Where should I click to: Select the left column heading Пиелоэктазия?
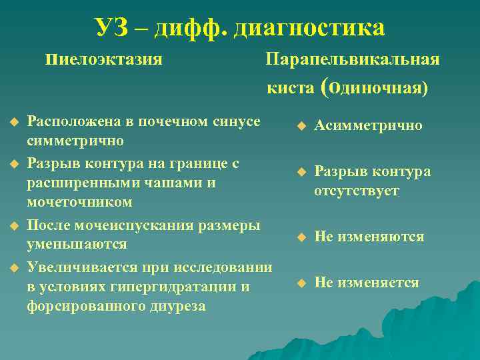click(x=105, y=59)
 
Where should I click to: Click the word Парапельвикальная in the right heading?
click(x=353, y=59)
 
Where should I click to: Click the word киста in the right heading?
click(x=291, y=88)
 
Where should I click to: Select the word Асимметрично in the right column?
click(x=368, y=125)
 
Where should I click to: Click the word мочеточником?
click(x=79, y=201)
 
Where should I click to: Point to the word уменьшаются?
click(x=77, y=244)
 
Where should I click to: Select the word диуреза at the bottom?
click(x=175, y=306)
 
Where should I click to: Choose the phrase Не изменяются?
click(x=369, y=237)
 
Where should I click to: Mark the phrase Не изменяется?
click(x=367, y=283)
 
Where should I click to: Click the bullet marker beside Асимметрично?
click(x=301, y=125)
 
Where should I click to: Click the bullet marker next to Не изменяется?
click(x=301, y=283)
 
